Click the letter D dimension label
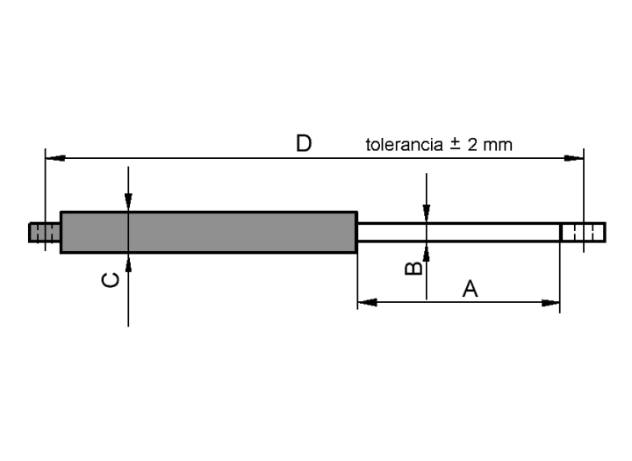[304, 143]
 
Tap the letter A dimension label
[470, 289]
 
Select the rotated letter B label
[413, 268]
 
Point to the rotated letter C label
[111, 280]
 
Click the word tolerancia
[405, 144]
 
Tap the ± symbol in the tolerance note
[455, 144]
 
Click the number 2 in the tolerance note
[472, 144]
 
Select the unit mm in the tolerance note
[498, 145]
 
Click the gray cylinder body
[209, 233]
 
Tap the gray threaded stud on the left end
[45, 233]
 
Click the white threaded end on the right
[583, 233]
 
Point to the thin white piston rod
[459, 233]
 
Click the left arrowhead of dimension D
[55, 158]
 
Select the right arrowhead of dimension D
[574, 158]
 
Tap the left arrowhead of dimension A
[367, 302]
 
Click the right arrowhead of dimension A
[550, 302]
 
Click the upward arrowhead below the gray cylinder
[128, 263]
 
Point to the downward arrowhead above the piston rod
[427, 213]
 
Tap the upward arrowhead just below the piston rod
[427, 251]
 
